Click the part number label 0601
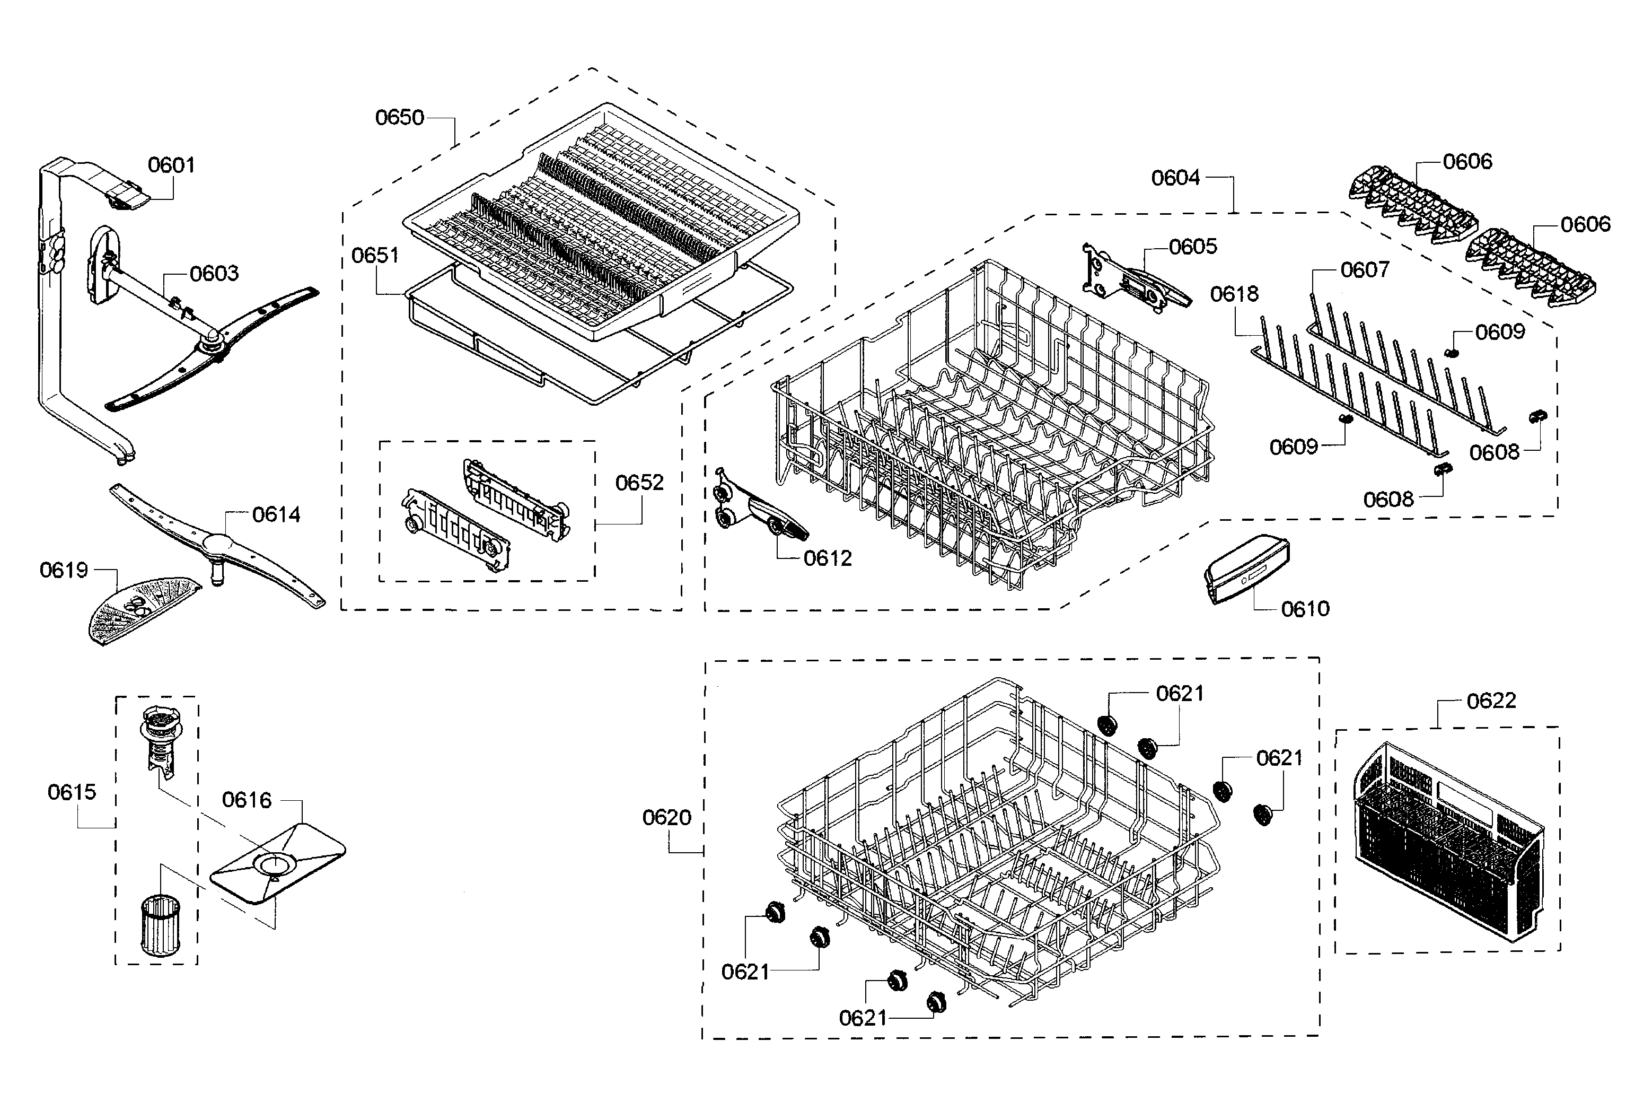171,165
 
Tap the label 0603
214,273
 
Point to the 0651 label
375,256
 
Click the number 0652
639,483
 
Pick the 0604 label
1175,178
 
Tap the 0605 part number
1193,246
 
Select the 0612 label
828,558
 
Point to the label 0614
276,515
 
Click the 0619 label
64,570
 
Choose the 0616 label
247,800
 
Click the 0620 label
667,817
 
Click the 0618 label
1234,294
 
